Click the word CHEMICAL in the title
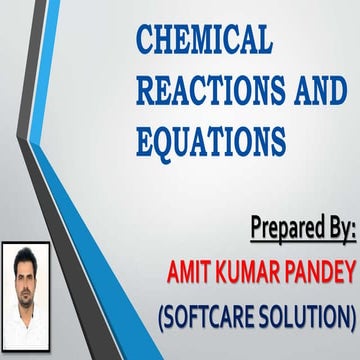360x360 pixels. point(204,41)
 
